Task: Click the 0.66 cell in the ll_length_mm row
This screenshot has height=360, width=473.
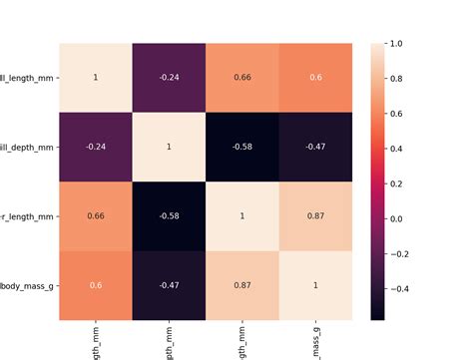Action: [x=242, y=78]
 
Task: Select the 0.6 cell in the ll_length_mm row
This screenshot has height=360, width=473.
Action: [x=316, y=78]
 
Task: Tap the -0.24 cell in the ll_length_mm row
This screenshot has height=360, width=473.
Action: [x=169, y=78]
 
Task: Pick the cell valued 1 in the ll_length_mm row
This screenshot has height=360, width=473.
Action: [x=96, y=78]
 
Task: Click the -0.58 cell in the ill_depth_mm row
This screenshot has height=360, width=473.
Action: [x=242, y=147]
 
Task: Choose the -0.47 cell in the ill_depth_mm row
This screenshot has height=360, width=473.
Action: [x=316, y=147]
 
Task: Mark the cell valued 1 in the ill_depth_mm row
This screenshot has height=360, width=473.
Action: [x=169, y=147]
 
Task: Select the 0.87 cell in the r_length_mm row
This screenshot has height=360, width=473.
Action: [x=316, y=215]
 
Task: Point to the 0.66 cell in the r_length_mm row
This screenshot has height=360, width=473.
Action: [x=96, y=215]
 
